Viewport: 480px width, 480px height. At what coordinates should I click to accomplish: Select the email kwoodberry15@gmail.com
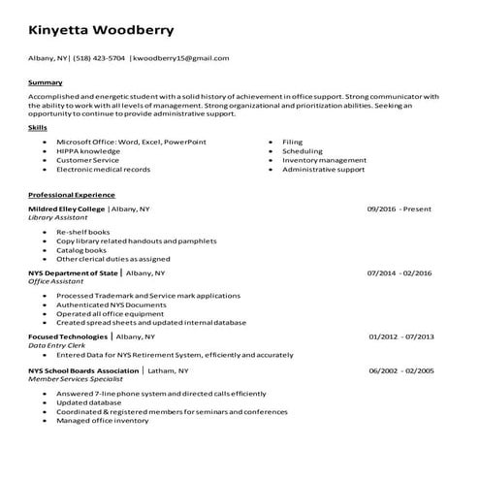tap(181, 58)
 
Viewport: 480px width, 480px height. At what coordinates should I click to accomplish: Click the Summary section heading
tap(46, 82)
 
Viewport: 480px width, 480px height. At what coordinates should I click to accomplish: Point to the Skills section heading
tap(38, 127)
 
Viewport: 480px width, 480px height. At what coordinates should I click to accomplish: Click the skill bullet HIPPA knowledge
tap(88, 151)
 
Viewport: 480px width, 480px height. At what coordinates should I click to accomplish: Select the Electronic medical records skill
tap(103, 169)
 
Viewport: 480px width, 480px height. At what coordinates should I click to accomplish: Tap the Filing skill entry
tap(293, 142)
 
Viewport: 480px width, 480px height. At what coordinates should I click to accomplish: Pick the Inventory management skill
tap(324, 160)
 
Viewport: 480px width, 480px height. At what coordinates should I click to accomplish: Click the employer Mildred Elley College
tap(67, 208)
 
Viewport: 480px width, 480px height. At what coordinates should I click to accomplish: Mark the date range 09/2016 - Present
tap(399, 208)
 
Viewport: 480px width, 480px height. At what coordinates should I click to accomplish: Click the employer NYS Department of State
tap(73, 274)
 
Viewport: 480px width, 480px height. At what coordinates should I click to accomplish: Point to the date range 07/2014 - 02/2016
tap(400, 274)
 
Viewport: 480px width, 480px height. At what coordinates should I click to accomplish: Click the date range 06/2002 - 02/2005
tap(400, 371)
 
